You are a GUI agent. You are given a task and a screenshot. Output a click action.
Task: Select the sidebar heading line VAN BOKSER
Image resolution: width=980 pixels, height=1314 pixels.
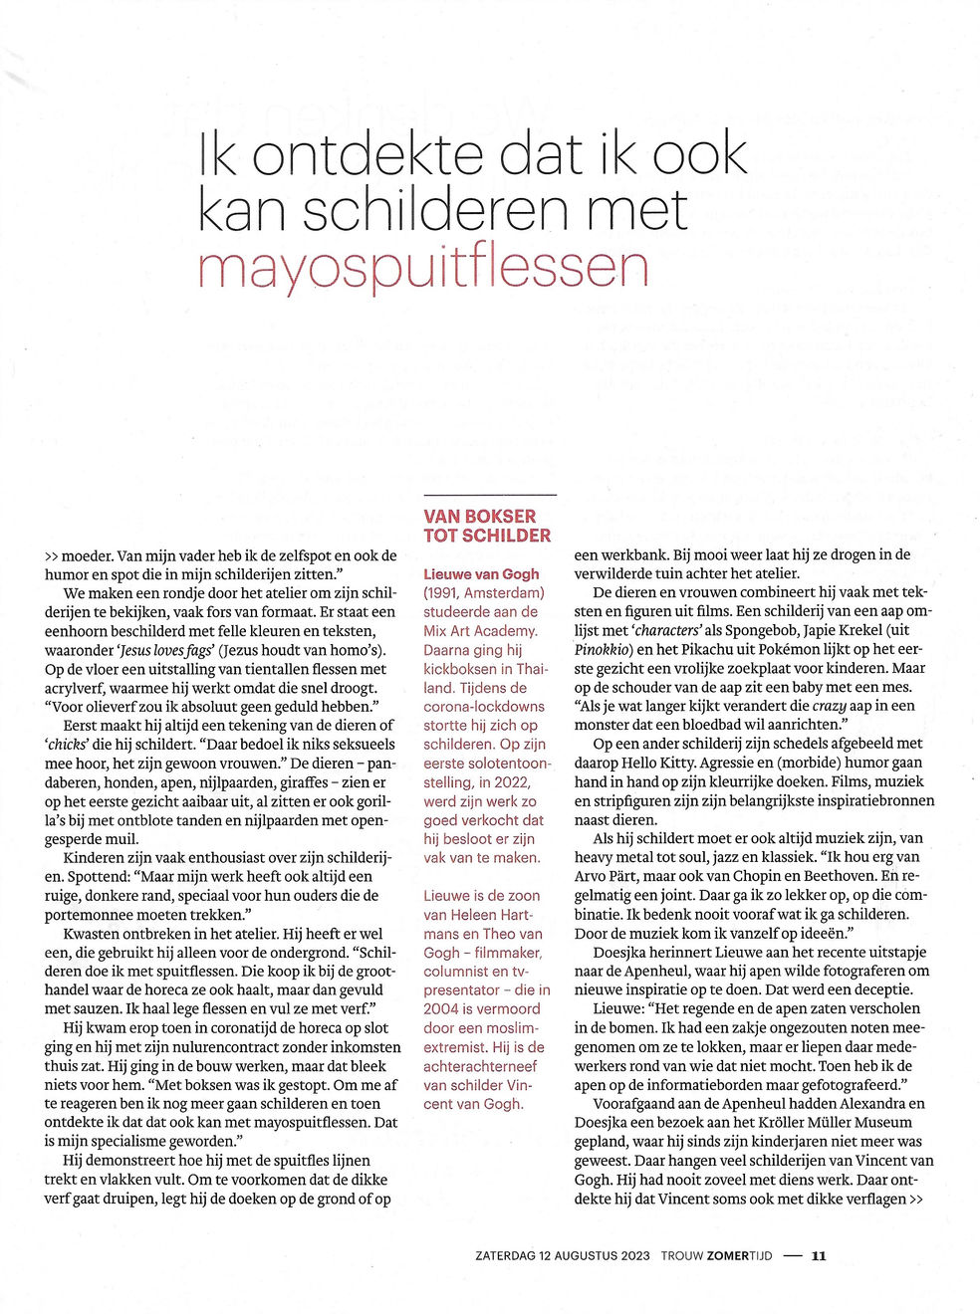(479, 516)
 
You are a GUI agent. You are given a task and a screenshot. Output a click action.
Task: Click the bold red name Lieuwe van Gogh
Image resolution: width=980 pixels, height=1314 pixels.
(481, 574)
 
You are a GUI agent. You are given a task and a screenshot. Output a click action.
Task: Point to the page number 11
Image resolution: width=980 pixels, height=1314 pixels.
(818, 1255)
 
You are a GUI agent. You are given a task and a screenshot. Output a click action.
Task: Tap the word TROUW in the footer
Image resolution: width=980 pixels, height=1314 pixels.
(682, 1255)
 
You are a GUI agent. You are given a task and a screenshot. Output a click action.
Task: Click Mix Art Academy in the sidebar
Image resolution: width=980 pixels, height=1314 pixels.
(480, 631)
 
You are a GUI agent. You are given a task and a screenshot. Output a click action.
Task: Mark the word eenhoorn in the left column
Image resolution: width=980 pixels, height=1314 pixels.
(76, 631)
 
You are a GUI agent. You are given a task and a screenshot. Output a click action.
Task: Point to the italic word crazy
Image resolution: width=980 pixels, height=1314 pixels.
(829, 706)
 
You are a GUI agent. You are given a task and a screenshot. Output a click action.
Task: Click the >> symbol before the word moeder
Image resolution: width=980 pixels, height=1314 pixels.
(51, 555)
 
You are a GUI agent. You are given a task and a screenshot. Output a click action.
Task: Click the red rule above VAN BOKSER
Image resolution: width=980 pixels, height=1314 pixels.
(489, 495)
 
